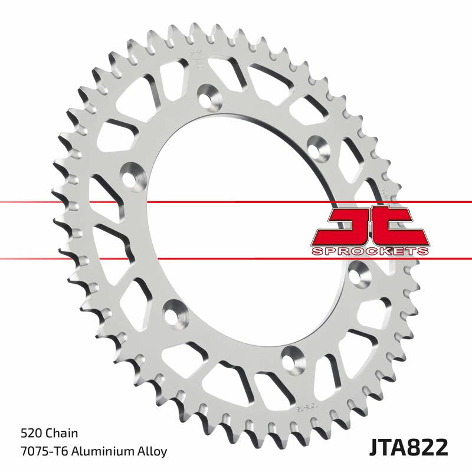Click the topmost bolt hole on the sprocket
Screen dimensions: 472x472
point(208,94)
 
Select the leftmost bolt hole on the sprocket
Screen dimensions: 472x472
point(132,175)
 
